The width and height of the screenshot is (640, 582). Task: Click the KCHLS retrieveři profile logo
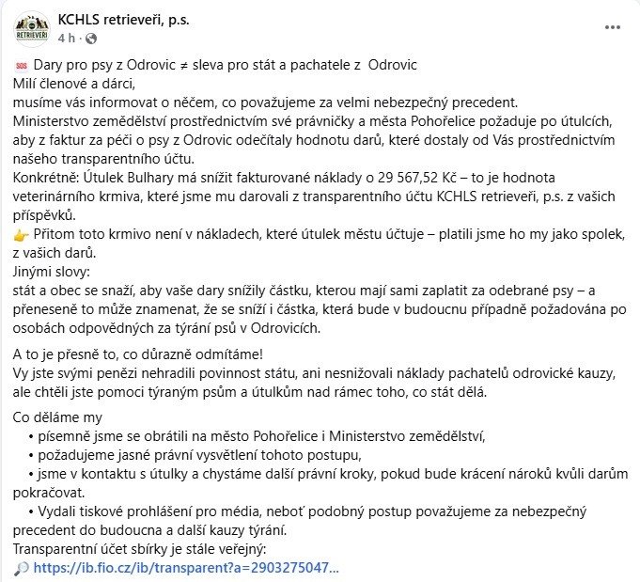pyautogui.click(x=33, y=26)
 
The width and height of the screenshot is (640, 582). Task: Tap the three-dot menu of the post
pyautogui.click(x=612, y=28)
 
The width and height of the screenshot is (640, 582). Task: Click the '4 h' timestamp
pyautogui.click(x=66, y=39)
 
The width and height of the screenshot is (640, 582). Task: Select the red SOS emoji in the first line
pyautogui.click(x=22, y=66)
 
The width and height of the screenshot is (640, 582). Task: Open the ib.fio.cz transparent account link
pyautogui.click(x=185, y=568)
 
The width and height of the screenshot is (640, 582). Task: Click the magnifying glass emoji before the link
pyautogui.click(x=22, y=568)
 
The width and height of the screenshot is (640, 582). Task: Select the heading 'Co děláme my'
pyautogui.click(x=56, y=417)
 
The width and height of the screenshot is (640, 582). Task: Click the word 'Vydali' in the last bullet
pyautogui.click(x=58, y=511)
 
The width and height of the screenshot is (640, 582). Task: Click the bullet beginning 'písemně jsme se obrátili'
pyautogui.click(x=188, y=435)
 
